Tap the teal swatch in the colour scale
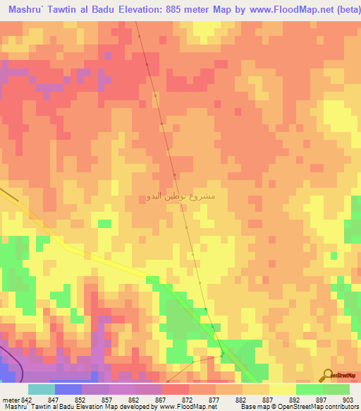(x=41, y=389)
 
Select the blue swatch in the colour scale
(x=68, y=389)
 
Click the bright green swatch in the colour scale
(x=309, y=389)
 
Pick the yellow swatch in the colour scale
(x=282, y=389)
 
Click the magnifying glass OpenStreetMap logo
(x=328, y=375)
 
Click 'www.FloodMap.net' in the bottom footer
(x=186, y=407)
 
